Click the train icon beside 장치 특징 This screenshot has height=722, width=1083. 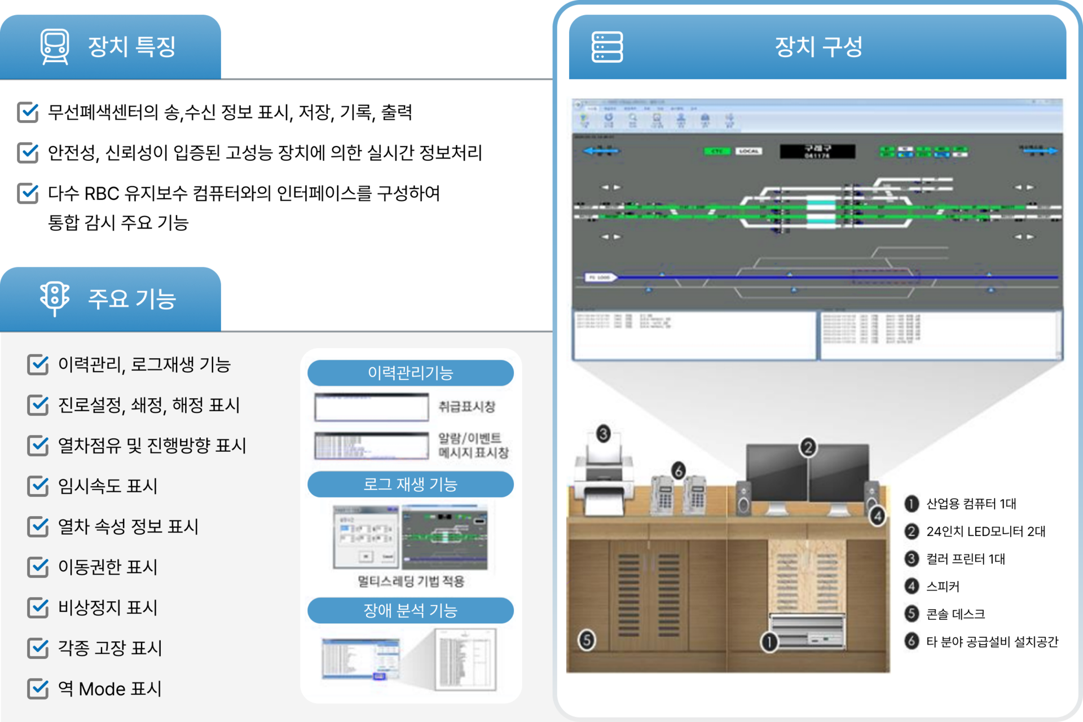click(x=55, y=46)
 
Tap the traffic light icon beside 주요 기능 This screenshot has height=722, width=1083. click(x=55, y=298)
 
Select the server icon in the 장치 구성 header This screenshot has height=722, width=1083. click(x=607, y=47)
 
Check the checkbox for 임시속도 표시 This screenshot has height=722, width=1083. click(x=38, y=486)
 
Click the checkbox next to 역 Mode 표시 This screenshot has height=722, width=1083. click(x=38, y=688)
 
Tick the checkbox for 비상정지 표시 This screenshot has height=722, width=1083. click(x=38, y=607)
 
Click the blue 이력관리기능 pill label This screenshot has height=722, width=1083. click(x=410, y=373)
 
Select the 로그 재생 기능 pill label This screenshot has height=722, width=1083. click(x=410, y=485)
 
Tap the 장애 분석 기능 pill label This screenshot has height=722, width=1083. click(x=410, y=610)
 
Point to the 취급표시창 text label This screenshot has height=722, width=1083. click(x=466, y=407)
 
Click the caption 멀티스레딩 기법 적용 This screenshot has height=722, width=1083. click(x=411, y=582)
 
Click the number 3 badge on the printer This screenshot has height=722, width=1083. click(x=604, y=434)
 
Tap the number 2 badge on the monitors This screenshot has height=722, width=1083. click(x=808, y=447)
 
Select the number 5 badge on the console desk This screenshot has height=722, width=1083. click(x=587, y=640)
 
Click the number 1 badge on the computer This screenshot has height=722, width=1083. click(x=769, y=641)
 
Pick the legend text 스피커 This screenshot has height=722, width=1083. click(x=943, y=587)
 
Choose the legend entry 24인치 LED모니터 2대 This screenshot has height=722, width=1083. click(x=985, y=531)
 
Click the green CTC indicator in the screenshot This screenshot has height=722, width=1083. click(x=716, y=151)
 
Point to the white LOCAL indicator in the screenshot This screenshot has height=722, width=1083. click(x=749, y=151)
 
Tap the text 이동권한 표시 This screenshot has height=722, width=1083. click(x=108, y=567)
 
